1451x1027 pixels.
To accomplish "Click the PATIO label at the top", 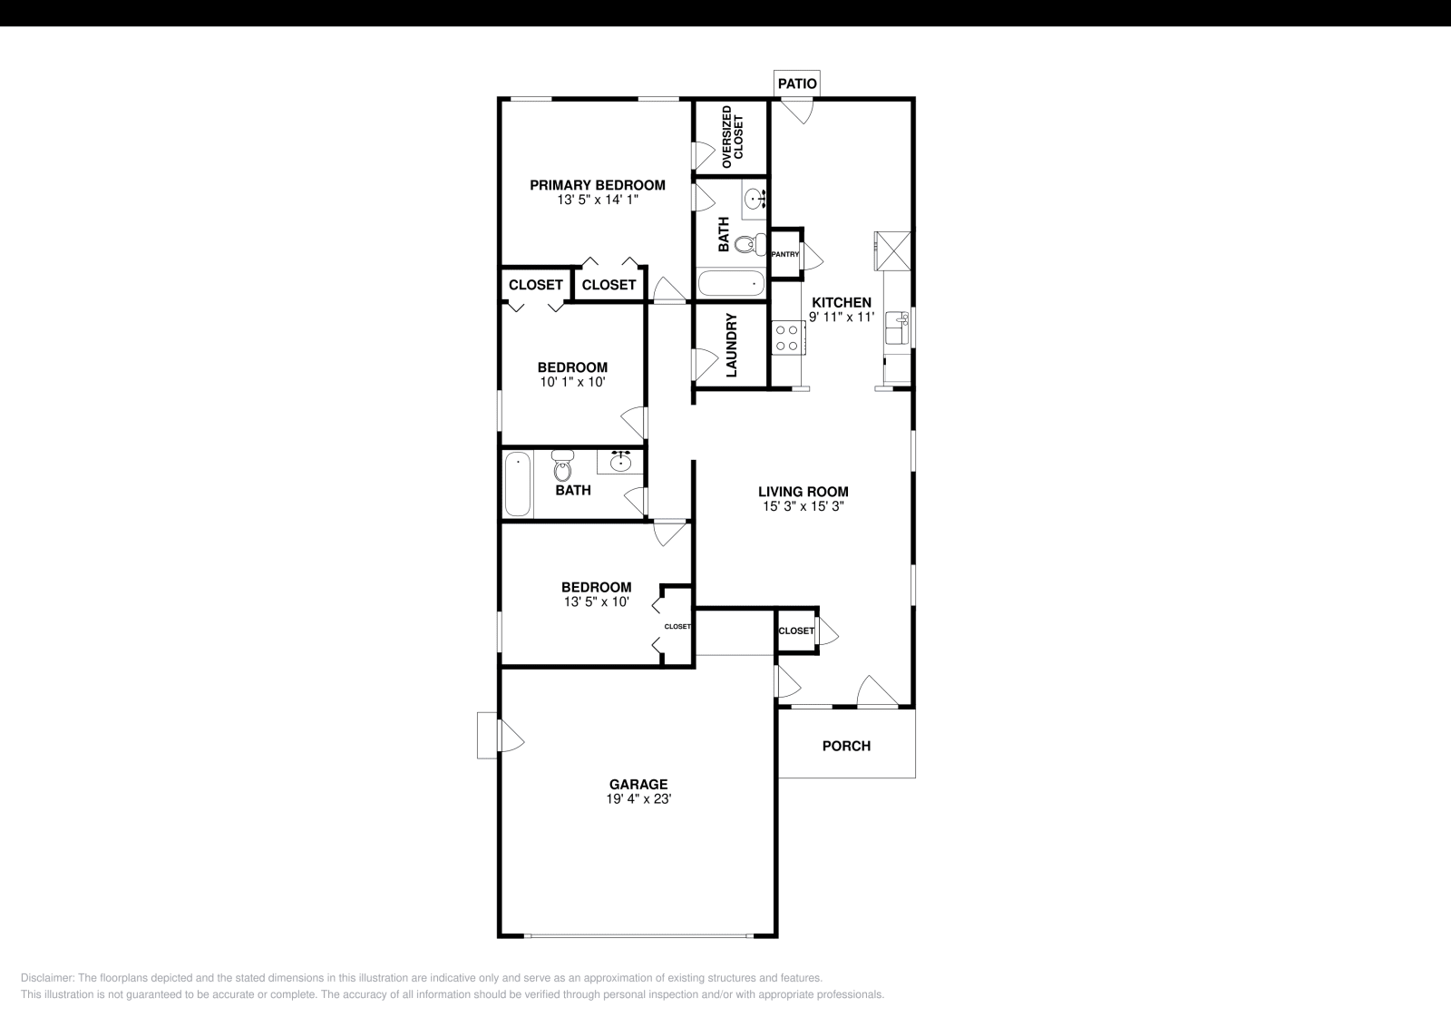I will [x=797, y=83].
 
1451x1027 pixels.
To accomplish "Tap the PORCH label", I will [x=846, y=746].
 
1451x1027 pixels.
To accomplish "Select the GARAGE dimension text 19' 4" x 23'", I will [x=638, y=799].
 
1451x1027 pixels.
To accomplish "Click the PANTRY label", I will [x=784, y=254].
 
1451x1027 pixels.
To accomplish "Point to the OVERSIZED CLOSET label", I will [x=731, y=137].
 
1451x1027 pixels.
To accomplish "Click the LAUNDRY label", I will [x=732, y=345].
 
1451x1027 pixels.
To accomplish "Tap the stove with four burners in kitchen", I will [x=786, y=338].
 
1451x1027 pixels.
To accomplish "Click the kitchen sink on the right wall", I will [x=897, y=328].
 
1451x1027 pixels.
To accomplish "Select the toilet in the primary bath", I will [x=746, y=244].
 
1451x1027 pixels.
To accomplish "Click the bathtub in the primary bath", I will [x=732, y=284].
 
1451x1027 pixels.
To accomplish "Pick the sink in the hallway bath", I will [x=620, y=463].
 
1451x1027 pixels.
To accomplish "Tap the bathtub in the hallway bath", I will [x=518, y=484].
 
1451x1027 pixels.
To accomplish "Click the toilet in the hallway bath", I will [x=562, y=468].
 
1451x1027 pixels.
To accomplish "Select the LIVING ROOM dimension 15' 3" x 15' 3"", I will [x=803, y=507].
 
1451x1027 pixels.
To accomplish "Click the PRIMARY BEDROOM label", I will [x=598, y=185].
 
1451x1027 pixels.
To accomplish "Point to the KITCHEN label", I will [x=841, y=303].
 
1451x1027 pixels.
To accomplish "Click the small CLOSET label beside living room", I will [x=795, y=631].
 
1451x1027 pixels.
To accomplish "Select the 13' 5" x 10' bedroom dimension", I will [x=596, y=602].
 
